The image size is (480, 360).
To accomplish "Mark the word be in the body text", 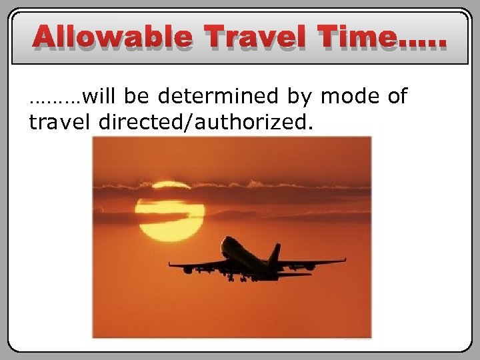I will [137, 97].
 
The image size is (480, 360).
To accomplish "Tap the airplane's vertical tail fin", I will [275, 253].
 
